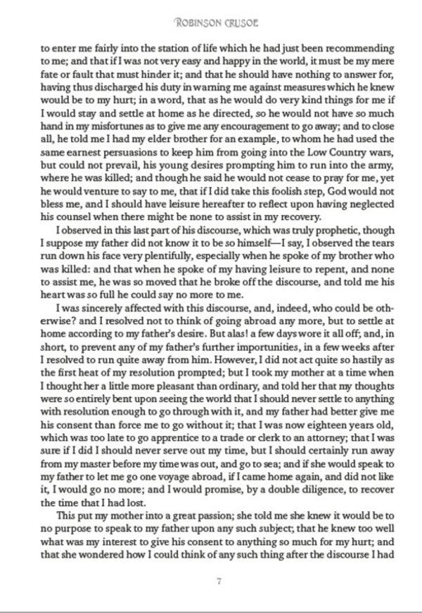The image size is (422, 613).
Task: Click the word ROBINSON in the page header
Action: coord(194,25)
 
